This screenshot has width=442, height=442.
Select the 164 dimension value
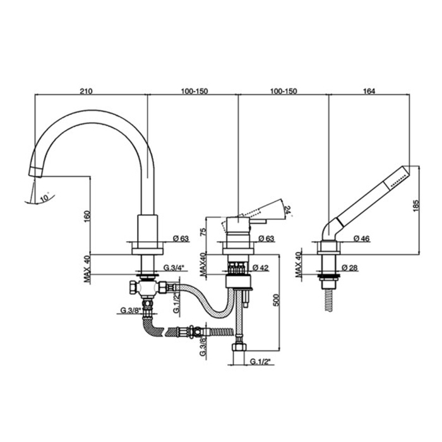(369, 91)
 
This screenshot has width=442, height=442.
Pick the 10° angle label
(43, 198)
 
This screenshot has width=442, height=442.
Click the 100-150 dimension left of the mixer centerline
(193, 91)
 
